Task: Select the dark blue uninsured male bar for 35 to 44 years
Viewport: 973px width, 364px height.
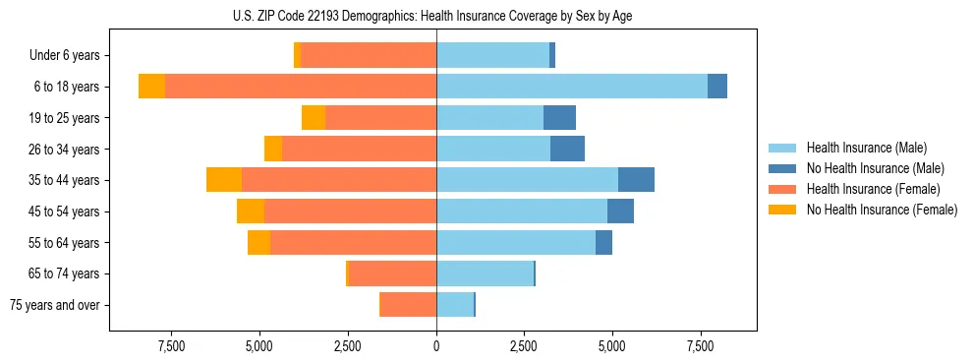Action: [x=636, y=180]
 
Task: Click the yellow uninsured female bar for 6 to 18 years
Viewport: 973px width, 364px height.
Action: [x=151, y=87]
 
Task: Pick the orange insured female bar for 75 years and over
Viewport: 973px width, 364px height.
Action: [x=409, y=305]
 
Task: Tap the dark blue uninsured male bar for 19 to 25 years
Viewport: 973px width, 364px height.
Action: [x=559, y=118]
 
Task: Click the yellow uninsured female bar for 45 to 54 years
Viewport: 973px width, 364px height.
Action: [x=251, y=212]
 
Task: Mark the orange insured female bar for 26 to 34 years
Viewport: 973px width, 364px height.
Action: [x=359, y=149]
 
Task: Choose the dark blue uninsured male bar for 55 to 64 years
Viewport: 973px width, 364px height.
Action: [x=603, y=242]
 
